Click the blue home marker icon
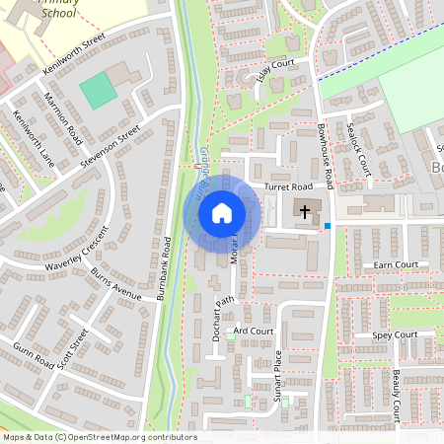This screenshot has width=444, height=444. pyautogui.click(x=222, y=212)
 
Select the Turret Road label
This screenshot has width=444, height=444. pyautogui.click(x=287, y=186)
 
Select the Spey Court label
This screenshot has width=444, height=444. pyautogui.click(x=395, y=335)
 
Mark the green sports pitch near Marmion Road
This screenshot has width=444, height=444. pyautogui.click(x=97, y=91)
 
